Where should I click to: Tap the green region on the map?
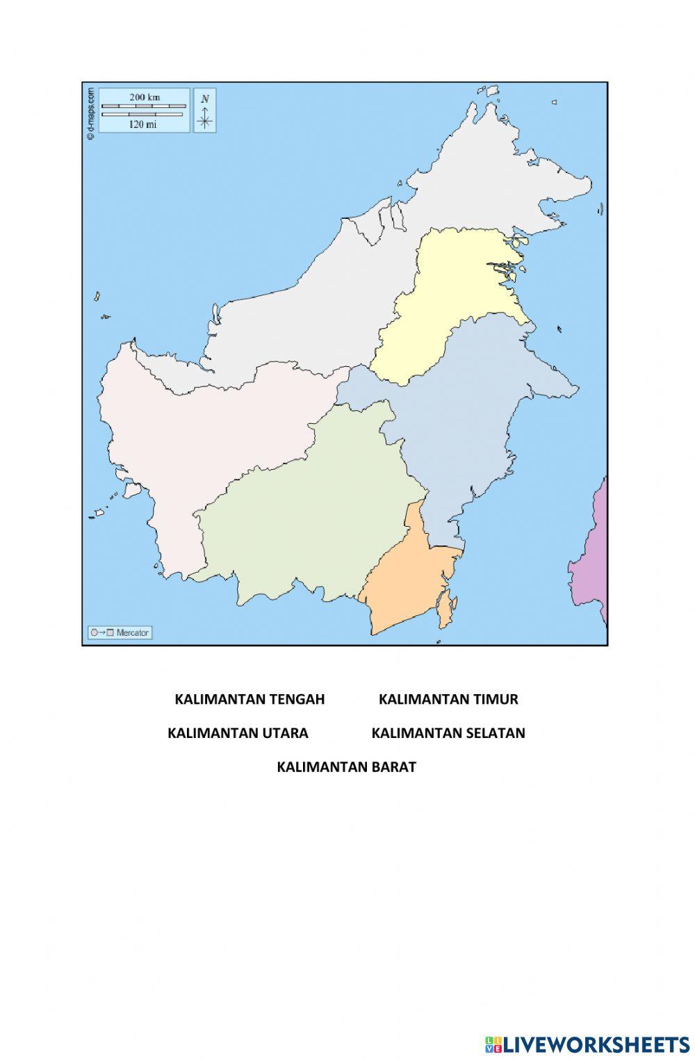[306, 514]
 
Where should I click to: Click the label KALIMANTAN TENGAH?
[250, 699]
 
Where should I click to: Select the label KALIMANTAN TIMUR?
[448, 699]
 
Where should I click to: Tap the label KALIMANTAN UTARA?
[238, 733]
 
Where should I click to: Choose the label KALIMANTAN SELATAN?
[448, 733]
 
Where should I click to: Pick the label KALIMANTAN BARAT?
[346, 767]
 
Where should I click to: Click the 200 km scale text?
[144, 97]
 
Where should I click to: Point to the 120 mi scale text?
[142, 124]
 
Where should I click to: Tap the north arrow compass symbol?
[204, 111]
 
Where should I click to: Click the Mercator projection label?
[120, 632]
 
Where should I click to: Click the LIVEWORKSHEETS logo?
[587, 1044]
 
